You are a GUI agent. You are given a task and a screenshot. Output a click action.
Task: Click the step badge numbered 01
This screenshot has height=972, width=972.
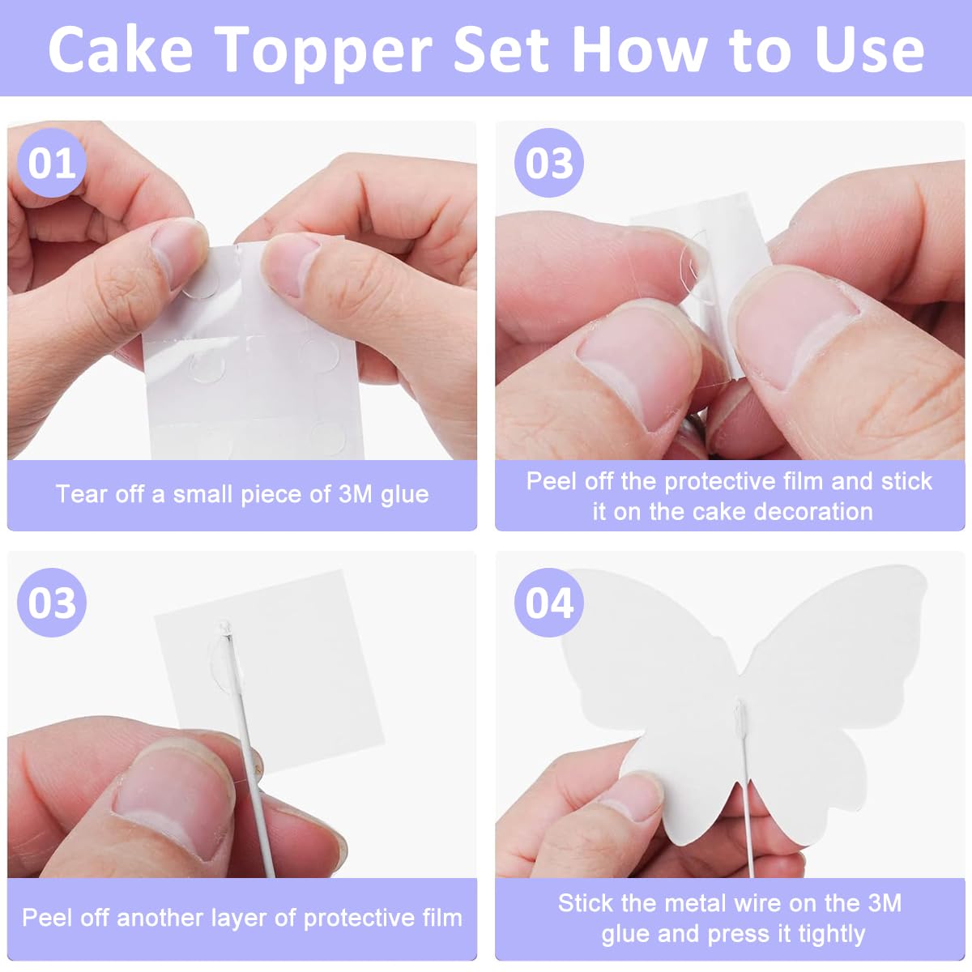pyautogui.click(x=52, y=163)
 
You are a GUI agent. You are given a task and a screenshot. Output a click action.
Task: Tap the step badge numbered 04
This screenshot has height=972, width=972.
pyautogui.click(x=549, y=603)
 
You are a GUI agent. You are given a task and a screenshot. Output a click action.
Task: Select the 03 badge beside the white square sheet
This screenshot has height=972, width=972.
pyautogui.click(x=52, y=603)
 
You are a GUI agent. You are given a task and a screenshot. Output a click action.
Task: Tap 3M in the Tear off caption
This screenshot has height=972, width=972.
pyautogui.click(x=355, y=494)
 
